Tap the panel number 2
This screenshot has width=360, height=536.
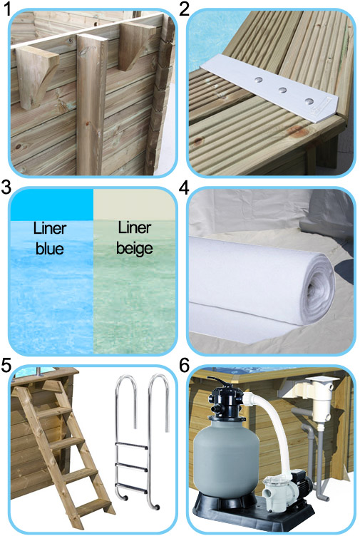(x=185, y=9)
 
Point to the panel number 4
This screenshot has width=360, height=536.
(x=185, y=189)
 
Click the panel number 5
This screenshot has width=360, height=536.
(x=6, y=366)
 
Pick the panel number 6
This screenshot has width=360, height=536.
(x=185, y=366)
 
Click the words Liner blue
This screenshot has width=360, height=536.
(x=49, y=239)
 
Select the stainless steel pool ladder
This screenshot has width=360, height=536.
(x=143, y=435)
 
